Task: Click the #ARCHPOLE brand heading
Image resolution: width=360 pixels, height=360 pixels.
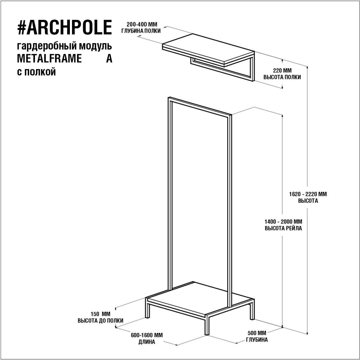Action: click(x=64, y=27)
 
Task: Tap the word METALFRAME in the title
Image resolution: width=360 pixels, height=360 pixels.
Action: click(x=49, y=59)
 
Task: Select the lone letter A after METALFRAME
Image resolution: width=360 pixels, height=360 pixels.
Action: click(x=109, y=59)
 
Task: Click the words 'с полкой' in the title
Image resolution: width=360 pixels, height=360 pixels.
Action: click(x=36, y=72)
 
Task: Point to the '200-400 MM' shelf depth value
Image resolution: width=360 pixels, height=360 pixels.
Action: click(x=142, y=25)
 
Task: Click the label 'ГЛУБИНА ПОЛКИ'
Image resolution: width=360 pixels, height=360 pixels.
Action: click(x=141, y=31)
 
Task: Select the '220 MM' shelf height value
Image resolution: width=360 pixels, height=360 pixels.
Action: click(x=282, y=70)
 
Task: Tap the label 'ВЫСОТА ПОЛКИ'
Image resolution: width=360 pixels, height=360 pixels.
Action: click(x=282, y=77)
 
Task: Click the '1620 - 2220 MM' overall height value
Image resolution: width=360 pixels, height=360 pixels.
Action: click(x=308, y=194)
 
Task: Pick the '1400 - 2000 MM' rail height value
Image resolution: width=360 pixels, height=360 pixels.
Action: click(x=283, y=222)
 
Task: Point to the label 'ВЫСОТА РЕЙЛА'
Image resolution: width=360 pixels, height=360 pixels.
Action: click(x=283, y=228)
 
